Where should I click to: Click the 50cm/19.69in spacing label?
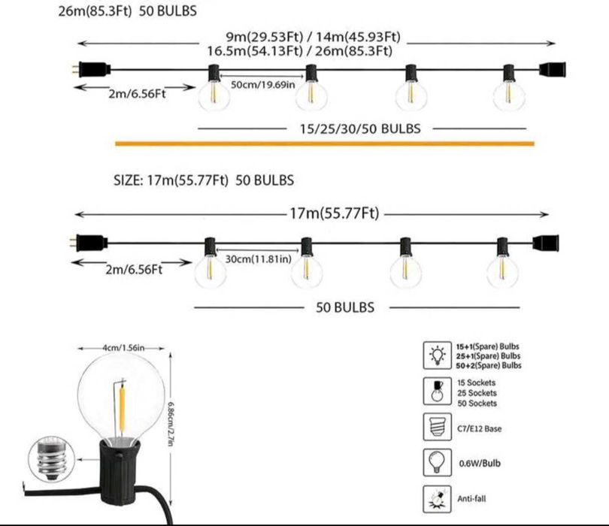point(263,85)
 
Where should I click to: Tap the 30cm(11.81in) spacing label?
point(259,259)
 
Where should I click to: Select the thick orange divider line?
point(325,144)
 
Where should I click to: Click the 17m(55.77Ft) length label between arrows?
point(335,213)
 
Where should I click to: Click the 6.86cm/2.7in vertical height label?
point(170,424)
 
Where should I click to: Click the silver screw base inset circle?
point(52,459)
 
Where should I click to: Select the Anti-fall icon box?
point(438,499)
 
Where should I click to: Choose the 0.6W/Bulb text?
point(480,463)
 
